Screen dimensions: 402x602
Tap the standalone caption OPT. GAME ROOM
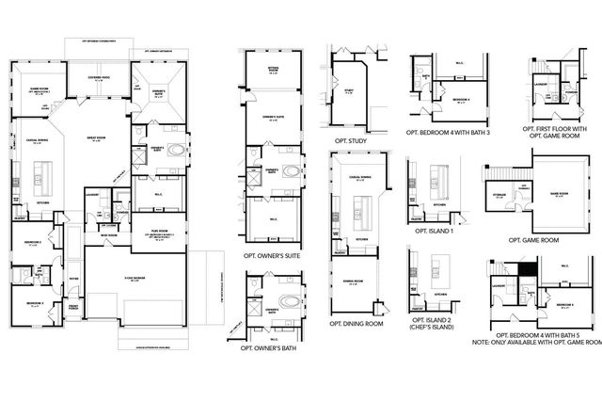click(533, 239)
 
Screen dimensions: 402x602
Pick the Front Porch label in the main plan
click(71, 307)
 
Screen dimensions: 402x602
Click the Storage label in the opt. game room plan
click(500, 195)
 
